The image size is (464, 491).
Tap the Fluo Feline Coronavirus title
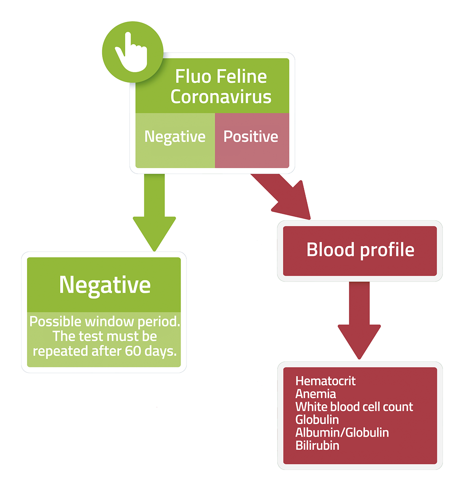pyautogui.click(x=221, y=86)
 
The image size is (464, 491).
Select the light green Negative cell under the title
pyautogui.click(x=175, y=140)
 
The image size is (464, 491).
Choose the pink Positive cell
pyautogui.click(x=252, y=140)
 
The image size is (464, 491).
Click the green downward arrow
pyautogui.click(x=154, y=212)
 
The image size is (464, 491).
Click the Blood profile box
pyautogui.click(x=360, y=251)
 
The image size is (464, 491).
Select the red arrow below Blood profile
pyautogui.click(x=359, y=320)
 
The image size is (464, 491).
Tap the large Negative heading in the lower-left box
pyautogui.click(x=105, y=285)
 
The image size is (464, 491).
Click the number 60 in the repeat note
pyautogui.click(x=133, y=351)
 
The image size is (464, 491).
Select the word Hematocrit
pyautogui.click(x=326, y=381)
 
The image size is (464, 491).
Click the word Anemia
pyautogui.click(x=316, y=394)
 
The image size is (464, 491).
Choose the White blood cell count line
pyautogui.click(x=354, y=407)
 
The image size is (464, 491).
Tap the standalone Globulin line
pyautogui.click(x=317, y=420)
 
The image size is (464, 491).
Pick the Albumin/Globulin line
pyautogui.click(x=342, y=432)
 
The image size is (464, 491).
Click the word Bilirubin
pyautogui.click(x=317, y=445)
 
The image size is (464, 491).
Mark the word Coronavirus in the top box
pyautogui.click(x=221, y=97)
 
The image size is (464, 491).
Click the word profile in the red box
pyautogui.click(x=387, y=250)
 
